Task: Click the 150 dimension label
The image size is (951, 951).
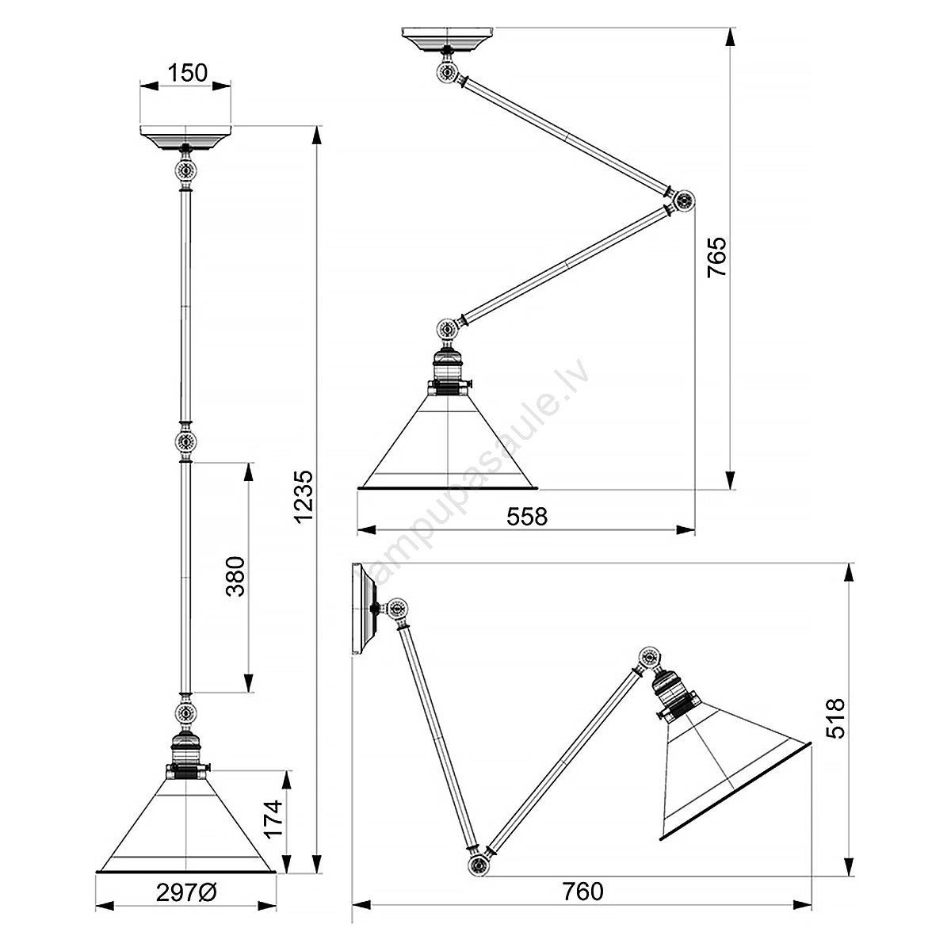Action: [x=188, y=73]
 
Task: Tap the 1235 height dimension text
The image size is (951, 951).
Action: [x=303, y=495]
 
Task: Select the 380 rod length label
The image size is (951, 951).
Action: [x=235, y=576]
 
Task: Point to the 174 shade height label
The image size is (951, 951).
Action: [x=273, y=819]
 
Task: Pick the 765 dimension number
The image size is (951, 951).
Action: [x=716, y=257]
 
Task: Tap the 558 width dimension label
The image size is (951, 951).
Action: [x=527, y=516]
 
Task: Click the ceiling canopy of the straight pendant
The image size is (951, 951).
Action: [x=185, y=136]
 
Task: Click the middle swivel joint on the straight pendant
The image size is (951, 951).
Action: [x=185, y=442]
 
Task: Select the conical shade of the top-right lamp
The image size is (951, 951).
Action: [x=448, y=448]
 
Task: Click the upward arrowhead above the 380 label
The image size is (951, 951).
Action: [x=248, y=472]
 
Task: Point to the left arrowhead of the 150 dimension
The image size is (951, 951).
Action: [x=149, y=86]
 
